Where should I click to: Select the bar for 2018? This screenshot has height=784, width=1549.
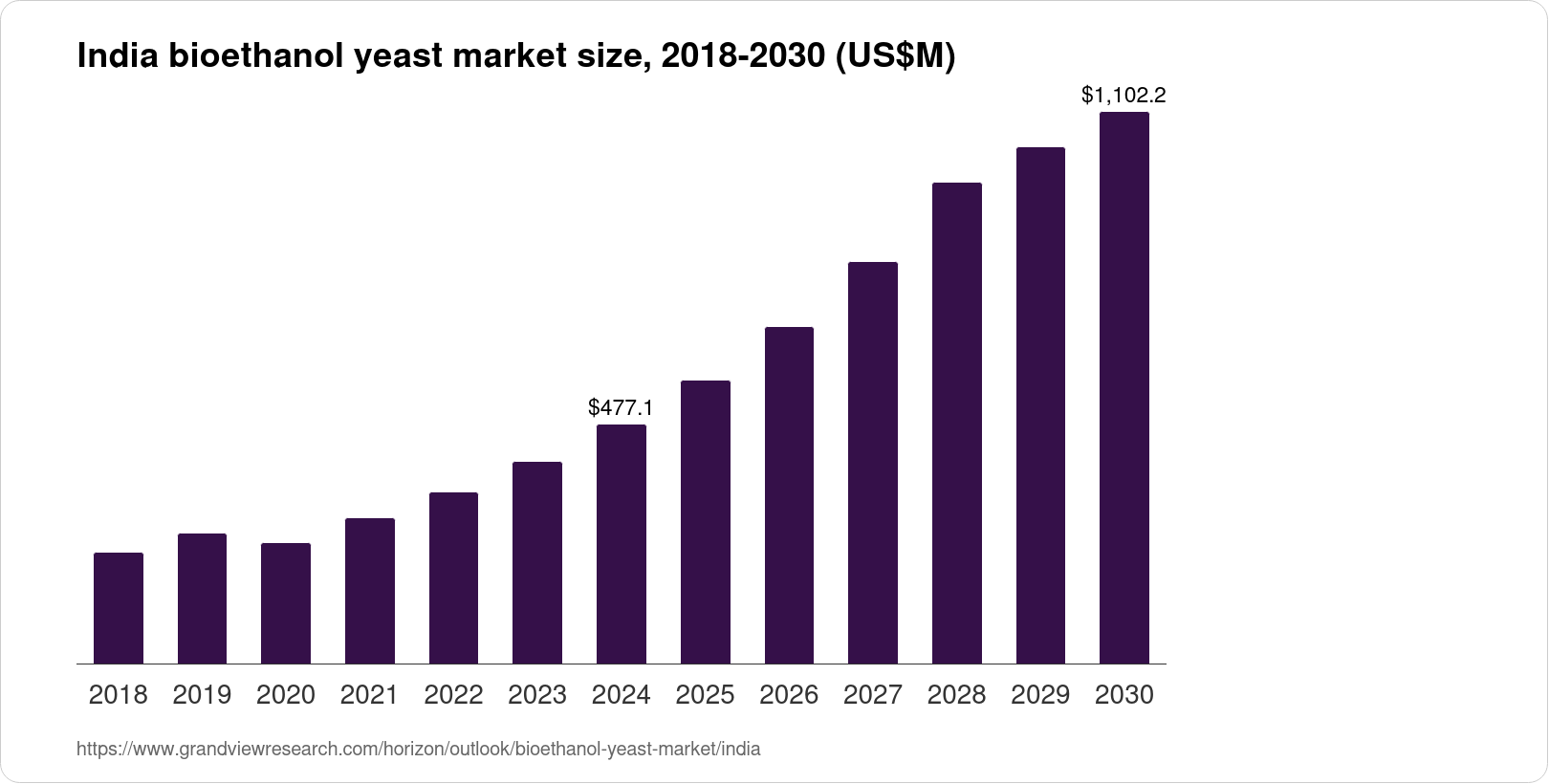coord(119,608)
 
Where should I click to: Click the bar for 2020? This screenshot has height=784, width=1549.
coord(286,603)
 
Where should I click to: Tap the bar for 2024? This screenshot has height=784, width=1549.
coord(622,544)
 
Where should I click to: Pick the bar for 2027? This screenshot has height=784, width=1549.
coord(873,463)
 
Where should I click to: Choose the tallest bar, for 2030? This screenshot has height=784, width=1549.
coord(1124,388)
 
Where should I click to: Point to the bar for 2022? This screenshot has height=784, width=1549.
coord(453,577)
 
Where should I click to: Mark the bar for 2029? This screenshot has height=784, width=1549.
coord(1040,405)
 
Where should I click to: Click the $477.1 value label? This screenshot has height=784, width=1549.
coord(622,408)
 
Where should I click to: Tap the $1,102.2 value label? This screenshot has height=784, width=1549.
coord(1124,96)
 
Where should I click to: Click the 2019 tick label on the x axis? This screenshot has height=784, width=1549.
coord(202,695)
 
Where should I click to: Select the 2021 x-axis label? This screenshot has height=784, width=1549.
coord(370,695)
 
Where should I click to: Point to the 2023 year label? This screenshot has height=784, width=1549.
coord(537,695)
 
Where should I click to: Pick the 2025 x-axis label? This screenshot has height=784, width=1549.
coord(705,695)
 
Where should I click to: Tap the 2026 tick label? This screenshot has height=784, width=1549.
coord(789,695)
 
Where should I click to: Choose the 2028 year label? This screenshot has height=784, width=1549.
coord(956,695)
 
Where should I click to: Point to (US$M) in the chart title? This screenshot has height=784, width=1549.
coord(895,57)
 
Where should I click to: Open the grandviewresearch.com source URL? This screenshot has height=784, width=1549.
coord(419,750)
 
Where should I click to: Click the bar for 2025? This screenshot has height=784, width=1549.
coord(706,522)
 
